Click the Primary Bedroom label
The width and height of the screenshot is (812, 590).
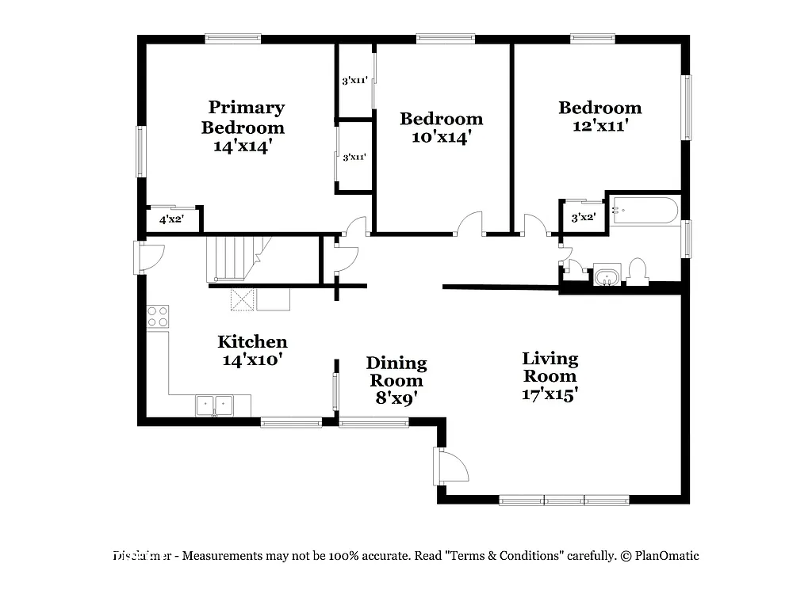[246, 117]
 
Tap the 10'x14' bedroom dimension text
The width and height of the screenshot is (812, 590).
[441, 136]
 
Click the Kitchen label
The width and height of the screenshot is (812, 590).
[252, 342]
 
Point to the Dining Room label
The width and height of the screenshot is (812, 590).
[396, 371]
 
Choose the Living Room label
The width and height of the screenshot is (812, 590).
[550, 367]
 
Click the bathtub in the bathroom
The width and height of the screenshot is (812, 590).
[645, 211]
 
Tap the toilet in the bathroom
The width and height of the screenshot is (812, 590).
[637, 272]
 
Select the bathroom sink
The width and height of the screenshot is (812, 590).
[607, 276]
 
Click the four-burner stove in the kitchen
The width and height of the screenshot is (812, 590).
[158, 317]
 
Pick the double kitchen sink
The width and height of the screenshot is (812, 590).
[215, 405]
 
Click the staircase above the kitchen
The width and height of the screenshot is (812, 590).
[234, 258]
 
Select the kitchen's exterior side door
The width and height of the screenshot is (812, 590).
[150, 257]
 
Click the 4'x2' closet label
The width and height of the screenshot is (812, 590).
[171, 220]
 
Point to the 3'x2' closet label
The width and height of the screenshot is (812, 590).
[583, 217]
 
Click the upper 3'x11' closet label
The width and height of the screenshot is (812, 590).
[354, 80]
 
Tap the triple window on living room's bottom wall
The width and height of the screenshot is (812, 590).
[564, 500]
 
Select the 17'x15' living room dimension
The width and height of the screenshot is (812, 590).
[550, 393]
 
